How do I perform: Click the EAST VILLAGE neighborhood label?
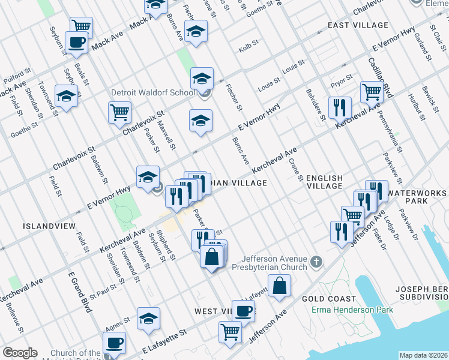pos(358,25)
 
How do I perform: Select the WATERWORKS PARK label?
pos(417,197)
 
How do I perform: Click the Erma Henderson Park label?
pos(352,310)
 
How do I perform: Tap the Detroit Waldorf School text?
pos(153,92)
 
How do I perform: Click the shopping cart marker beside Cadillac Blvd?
pos(372,92)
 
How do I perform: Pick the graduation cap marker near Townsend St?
pos(67,95)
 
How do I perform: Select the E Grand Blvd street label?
pos(79,292)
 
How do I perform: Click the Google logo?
pos(20,353)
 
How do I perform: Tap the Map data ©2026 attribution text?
pos(423,355)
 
